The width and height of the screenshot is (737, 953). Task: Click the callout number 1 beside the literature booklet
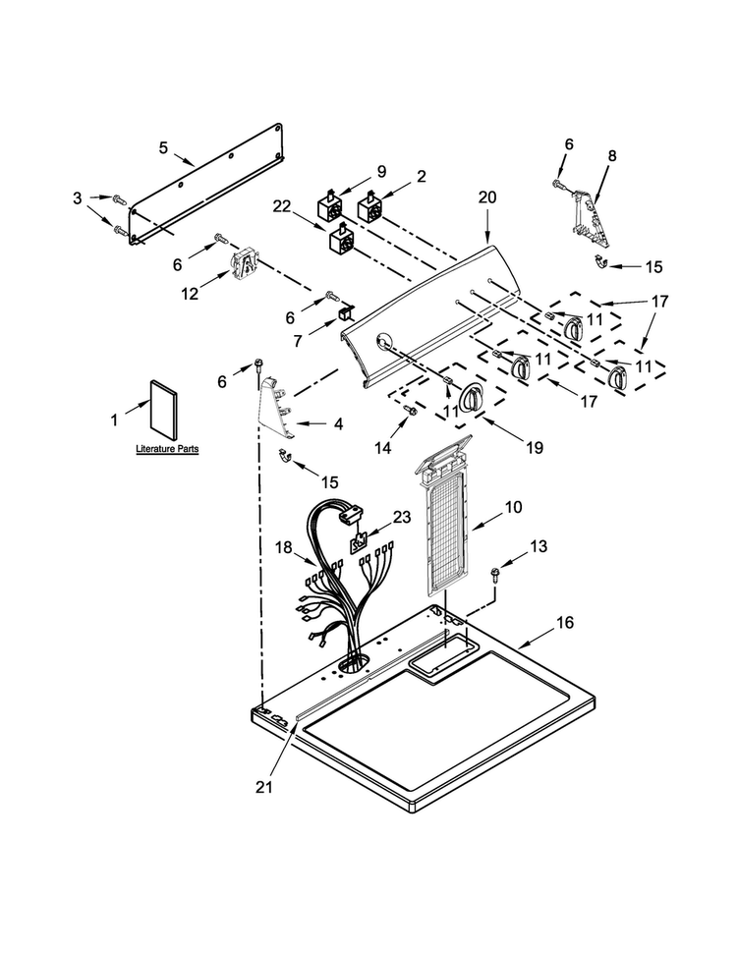pos(114,420)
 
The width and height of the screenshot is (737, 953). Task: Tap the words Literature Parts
pos(167,449)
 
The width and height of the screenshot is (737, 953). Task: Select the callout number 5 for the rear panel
pos(163,147)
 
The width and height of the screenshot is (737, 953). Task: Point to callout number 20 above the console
pos(487,197)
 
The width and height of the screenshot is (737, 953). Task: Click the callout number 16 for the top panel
pos(565,622)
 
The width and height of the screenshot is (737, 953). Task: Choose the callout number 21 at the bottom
pos(263,787)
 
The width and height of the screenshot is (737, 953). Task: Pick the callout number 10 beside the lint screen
pos(513,506)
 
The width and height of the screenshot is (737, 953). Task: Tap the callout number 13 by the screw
pos(539,546)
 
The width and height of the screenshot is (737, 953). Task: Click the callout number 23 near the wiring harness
pos(401,517)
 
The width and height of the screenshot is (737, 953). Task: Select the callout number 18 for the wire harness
pos(283,547)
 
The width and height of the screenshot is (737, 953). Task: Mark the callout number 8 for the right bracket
pos(612,155)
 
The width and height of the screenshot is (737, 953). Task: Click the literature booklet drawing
pos(163,410)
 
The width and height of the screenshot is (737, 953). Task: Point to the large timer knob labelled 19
pos(470,399)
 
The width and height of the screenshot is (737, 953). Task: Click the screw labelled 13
pos(495,574)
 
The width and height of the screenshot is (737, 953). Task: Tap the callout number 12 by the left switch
pos(190,293)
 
